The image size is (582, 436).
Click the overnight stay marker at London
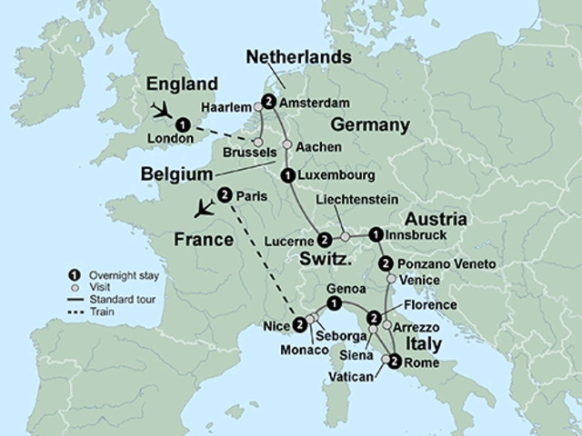tap(184, 125)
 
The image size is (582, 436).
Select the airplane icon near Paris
tap(206, 208)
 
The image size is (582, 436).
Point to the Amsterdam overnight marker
tap(267, 101)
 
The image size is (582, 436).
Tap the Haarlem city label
tap(226, 104)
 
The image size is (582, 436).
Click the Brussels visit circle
tap(257, 143)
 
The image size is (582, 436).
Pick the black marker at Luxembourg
tap(287, 174)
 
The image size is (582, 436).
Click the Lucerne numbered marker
tap(324, 240)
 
